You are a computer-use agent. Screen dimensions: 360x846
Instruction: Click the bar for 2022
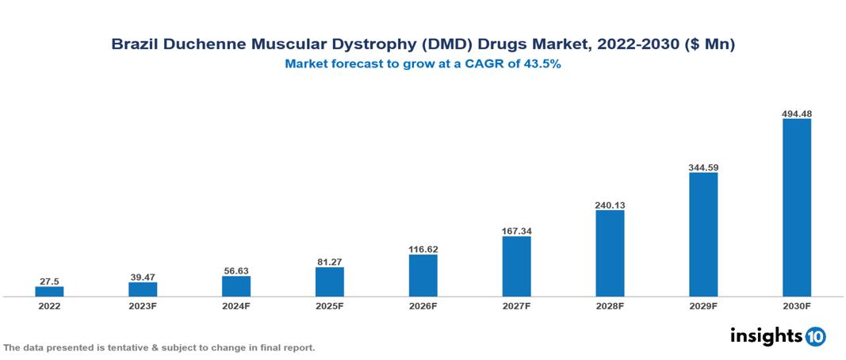(49, 291)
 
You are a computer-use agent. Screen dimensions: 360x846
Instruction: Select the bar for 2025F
(329, 281)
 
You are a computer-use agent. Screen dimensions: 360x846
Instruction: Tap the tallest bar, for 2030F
(796, 208)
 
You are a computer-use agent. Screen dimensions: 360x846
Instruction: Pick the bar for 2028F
(610, 253)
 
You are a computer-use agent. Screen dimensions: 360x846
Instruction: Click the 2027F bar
(516, 266)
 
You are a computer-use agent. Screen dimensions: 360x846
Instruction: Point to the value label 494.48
(796, 113)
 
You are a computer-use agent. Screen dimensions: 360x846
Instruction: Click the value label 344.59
(703, 167)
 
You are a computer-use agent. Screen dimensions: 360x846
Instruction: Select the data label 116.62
(423, 249)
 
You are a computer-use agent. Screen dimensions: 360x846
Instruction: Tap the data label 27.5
(49, 281)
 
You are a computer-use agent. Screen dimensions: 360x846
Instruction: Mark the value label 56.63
(236, 270)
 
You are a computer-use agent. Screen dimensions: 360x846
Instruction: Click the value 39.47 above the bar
(143, 277)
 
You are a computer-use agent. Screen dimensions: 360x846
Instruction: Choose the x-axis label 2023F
(143, 306)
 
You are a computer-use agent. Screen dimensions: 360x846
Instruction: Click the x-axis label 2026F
(423, 306)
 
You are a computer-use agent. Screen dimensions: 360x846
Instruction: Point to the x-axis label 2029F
(703, 306)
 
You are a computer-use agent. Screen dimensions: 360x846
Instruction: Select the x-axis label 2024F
(236, 306)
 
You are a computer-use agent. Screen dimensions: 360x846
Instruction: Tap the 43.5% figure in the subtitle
(542, 65)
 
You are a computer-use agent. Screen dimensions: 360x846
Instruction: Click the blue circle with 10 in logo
(815, 336)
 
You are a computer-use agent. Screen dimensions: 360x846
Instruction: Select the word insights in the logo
(765, 335)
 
